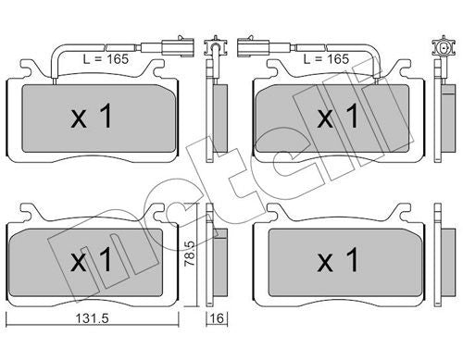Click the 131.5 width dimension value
coord(93,318)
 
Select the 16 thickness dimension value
coord(218,318)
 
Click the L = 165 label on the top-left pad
coord(106,58)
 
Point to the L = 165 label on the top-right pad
coord(326,58)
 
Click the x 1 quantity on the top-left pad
coord(91,116)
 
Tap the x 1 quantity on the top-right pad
coord(338,116)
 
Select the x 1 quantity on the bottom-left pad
coord(91,260)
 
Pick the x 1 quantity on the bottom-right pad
coord(338,260)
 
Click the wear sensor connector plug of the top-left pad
coord(179,47)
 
